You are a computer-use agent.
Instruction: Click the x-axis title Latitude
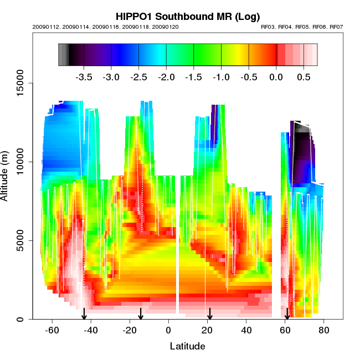click(x=187, y=347)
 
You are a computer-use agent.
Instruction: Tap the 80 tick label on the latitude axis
click(x=324, y=331)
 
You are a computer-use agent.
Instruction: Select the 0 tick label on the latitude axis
click(x=169, y=331)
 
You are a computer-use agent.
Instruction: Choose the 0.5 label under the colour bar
click(x=304, y=77)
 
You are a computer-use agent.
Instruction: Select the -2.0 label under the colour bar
click(x=166, y=77)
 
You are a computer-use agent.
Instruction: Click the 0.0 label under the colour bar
click(x=276, y=77)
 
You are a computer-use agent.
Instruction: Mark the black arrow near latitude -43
click(x=84, y=315)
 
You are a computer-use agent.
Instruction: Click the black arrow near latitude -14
click(x=141, y=315)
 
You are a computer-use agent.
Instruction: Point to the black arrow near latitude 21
click(x=210, y=315)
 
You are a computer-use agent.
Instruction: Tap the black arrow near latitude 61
click(x=287, y=315)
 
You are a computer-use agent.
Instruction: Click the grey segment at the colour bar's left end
click(x=63, y=55)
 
